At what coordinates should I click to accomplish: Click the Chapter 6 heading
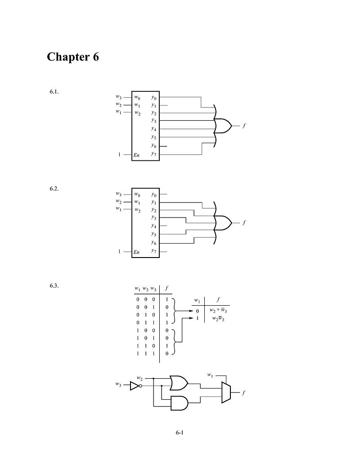72,58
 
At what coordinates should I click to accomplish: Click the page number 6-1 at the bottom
180,433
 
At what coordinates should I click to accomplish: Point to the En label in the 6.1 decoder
137,155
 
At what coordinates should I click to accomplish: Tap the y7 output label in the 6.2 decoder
153,251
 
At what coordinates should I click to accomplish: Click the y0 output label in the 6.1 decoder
153,97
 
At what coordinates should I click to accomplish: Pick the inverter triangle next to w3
135,386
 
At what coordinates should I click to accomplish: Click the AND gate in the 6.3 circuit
179,403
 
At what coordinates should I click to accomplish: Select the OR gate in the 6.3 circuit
179,383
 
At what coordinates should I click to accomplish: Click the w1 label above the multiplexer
210,375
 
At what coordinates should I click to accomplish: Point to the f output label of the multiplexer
243,393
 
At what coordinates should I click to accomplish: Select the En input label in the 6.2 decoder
137,252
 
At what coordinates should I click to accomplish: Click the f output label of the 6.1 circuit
243,126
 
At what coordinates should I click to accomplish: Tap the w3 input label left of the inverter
118,385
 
